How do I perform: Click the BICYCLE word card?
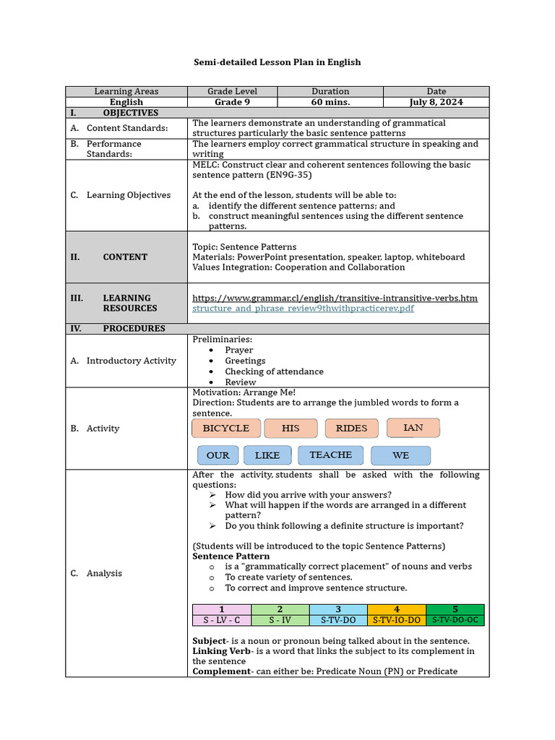[225, 429]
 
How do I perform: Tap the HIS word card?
[291, 429]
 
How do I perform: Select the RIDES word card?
[351, 429]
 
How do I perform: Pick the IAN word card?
[413, 428]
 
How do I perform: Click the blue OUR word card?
[218, 455]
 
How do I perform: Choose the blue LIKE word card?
[267, 455]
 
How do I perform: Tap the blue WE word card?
[400, 455]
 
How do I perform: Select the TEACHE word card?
[330, 455]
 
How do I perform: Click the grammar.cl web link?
[335, 298]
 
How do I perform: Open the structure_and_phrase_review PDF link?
[303, 309]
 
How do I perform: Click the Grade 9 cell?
[232, 102]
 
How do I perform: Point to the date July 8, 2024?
[436, 102]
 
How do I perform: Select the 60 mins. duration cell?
[330, 102]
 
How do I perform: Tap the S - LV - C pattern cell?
[221, 620]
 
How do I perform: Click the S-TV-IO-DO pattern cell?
[396, 620]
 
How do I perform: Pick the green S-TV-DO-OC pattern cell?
[455, 620]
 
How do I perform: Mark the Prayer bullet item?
[238, 350]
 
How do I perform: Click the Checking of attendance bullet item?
[274, 371]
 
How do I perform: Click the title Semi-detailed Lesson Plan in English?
[277, 62]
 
